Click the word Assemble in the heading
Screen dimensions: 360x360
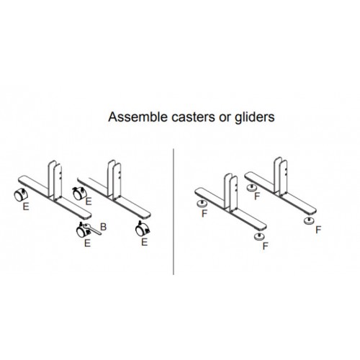click(138, 117)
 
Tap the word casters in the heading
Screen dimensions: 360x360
click(193, 117)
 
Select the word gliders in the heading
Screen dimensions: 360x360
click(254, 118)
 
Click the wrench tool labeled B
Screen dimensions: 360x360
click(93, 229)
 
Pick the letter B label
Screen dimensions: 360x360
click(103, 227)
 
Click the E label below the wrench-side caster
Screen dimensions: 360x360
click(87, 243)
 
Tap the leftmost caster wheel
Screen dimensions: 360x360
click(20, 195)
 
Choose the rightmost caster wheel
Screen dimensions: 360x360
click(143, 230)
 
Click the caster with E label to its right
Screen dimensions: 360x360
click(78, 194)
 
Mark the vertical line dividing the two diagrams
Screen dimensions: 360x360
click(174, 212)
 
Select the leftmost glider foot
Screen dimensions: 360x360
click(202, 204)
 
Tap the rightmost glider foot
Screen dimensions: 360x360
click(309, 220)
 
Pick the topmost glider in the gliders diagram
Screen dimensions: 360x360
click(251, 187)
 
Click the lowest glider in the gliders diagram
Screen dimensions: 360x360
click(259, 236)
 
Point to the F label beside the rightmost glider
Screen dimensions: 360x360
click(318, 230)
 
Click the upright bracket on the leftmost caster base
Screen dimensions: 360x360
click(55, 181)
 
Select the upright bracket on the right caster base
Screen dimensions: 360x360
click(114, 180)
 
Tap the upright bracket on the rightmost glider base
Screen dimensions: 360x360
click(281, 176)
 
